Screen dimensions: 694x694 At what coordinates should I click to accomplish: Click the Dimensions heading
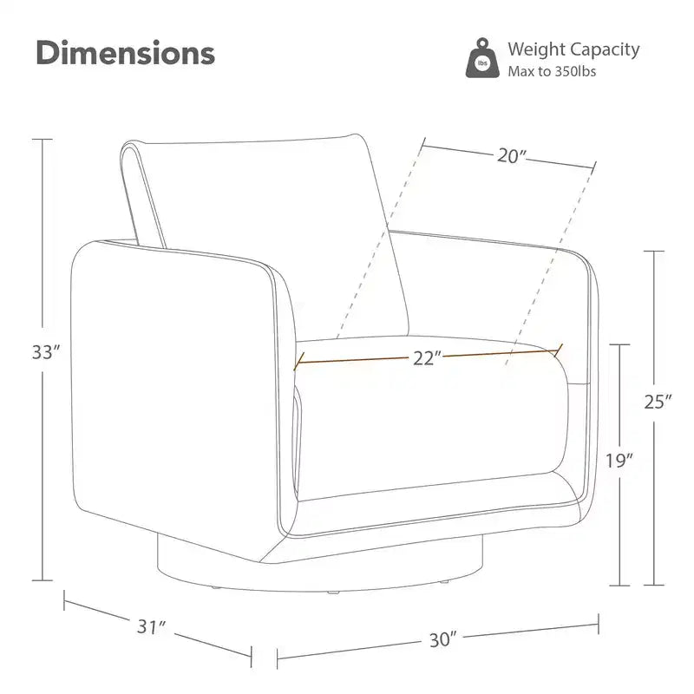[125, 53]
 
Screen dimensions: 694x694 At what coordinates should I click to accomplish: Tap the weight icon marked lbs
[482, 58]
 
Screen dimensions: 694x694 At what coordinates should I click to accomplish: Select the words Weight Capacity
[573, 49]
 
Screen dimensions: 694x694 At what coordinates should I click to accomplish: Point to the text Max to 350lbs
[552, 71]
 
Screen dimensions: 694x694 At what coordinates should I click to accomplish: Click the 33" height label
[46, 353]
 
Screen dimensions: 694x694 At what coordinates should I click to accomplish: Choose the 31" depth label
[151, 626]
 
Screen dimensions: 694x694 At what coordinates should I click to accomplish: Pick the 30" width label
[442, 639]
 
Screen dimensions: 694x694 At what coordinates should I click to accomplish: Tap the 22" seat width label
[428, 358]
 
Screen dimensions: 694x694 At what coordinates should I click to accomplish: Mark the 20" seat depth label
[512, 156]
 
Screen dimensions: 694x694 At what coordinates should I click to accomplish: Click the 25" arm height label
[658, 402]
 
